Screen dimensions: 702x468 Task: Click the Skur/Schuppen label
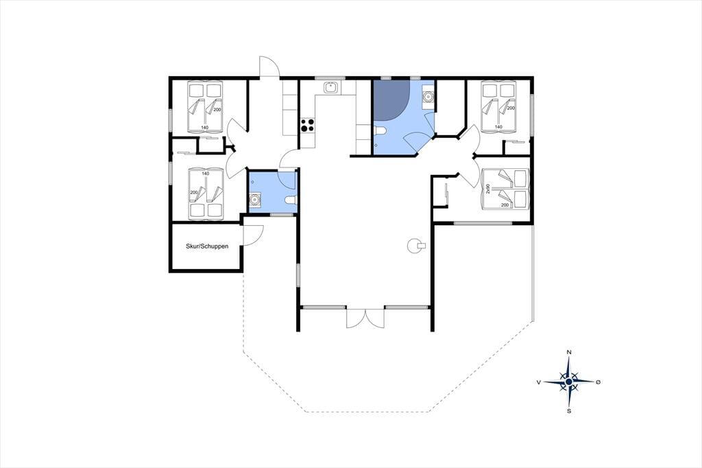207,246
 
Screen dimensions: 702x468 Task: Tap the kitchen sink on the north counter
331,87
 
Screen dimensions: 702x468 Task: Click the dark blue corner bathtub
391,100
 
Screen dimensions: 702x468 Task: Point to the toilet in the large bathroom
380,130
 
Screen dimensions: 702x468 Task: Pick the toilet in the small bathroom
290,200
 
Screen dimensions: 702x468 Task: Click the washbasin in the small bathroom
255,199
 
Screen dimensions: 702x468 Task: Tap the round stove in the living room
415,245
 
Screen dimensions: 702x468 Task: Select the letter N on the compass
569,352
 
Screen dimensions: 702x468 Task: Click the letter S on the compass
569,410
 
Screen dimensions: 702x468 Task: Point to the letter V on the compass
539,382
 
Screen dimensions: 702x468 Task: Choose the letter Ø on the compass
598,382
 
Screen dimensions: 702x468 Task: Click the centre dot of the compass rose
568,382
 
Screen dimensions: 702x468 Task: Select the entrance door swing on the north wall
269,67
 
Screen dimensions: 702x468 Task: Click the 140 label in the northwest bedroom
204,128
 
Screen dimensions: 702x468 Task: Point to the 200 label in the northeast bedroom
511,108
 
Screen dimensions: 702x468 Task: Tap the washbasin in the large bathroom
428,96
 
